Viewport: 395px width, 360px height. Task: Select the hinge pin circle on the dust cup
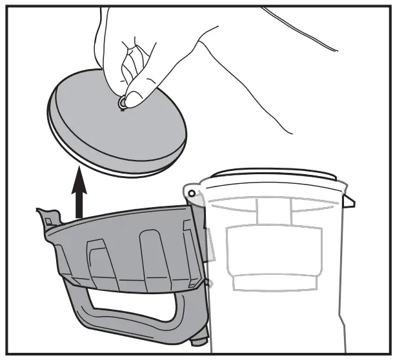point(192,192)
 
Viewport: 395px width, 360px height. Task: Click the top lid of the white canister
point(271,175)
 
